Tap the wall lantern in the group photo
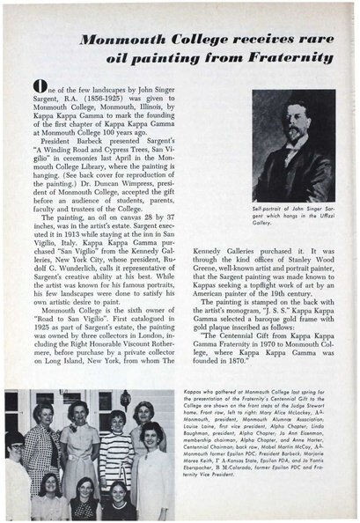tap(126, 397)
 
